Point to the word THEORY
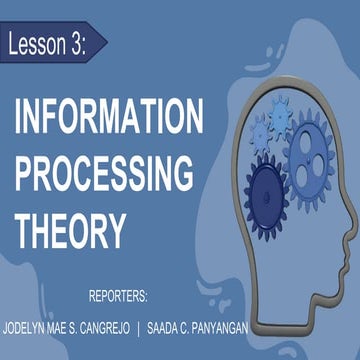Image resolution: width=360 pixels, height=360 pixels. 69,230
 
